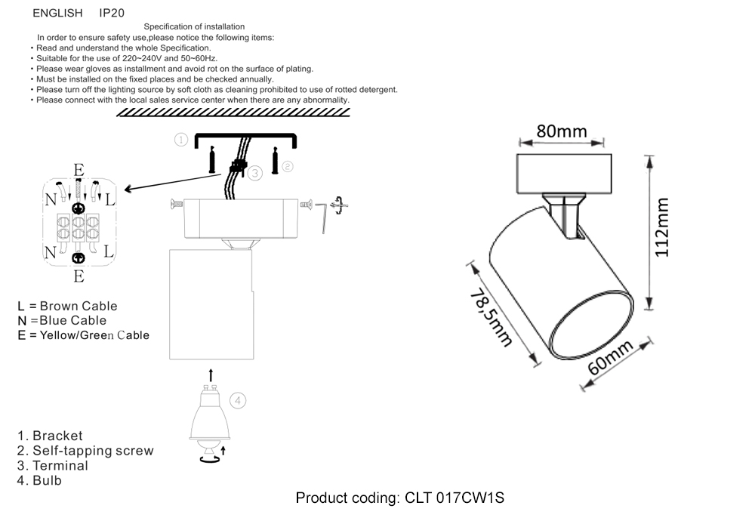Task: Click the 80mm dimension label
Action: click(562, 131)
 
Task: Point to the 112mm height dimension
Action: click(662, 227)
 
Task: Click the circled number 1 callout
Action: click(180, 139)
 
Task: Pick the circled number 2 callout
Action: click(288, 165)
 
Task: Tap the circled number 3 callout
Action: click(255, 173)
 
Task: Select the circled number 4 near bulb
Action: click(238, 401)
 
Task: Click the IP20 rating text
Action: click(112, 14)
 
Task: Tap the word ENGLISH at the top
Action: click(57, 14)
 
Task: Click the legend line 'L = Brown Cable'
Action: click(68, 306)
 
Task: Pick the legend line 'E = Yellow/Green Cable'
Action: click(84, 334)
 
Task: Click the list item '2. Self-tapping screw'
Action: click(85, 451)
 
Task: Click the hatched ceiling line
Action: click(234, 112)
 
